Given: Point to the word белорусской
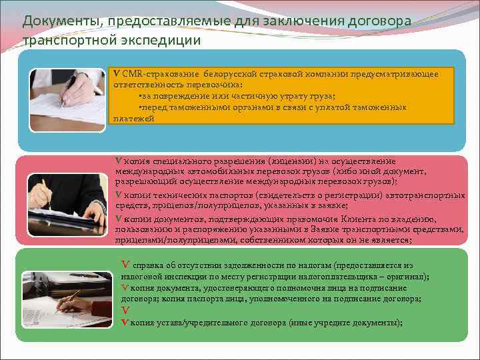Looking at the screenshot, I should tap(217, 74).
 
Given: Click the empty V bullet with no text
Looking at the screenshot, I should tap(125, 311).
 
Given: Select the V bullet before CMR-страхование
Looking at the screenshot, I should tap(116, 74).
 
